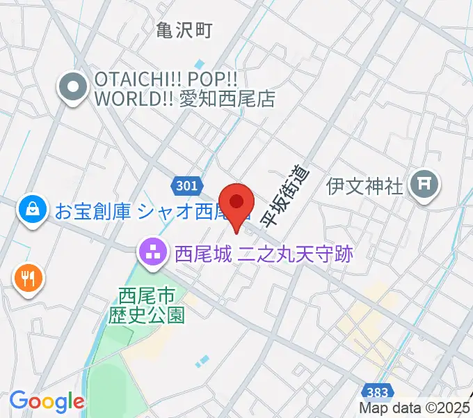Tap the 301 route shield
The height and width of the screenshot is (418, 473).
[x=186, y=185]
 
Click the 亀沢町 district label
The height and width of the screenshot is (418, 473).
[x=183, y=29]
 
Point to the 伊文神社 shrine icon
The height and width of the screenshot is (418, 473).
[x=424, y=184]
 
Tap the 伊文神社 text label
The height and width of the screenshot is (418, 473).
[x=365, y=186]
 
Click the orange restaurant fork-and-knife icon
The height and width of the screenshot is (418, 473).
[x=28, y=279]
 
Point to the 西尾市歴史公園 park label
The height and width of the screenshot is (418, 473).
[x=147, y=307]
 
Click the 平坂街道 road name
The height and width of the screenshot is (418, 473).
[x=284, y=197]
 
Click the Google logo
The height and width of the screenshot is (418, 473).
[x=47, y=401]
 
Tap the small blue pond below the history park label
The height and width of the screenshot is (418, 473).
[x=202, y=361]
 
